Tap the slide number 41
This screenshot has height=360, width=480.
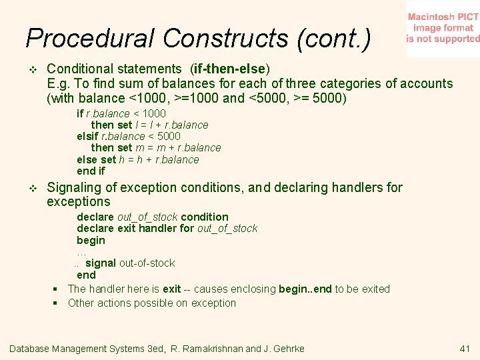[465, 349]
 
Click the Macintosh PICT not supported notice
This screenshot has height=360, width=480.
[443, 28]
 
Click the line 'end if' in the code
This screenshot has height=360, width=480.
[91, 171]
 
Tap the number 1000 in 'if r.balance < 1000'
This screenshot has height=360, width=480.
[154, 113]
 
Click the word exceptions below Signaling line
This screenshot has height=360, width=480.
[78, 201]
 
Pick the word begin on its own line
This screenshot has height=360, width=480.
[91, 240]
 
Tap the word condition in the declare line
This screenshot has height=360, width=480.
[204, 217]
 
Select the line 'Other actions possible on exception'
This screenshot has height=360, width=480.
[152, 303]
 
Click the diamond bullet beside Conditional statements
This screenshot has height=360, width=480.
[31, 69]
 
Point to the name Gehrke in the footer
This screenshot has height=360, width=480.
[287, 349]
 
